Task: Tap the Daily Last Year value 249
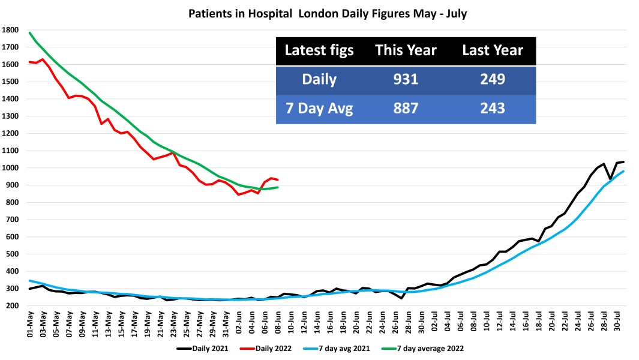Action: click(x=492, y=80)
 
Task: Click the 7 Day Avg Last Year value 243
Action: click(x=492, y=109)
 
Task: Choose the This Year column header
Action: click(x=406, y=51)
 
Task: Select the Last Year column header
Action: click(x=492, y=51)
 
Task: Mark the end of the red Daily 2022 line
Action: click(x=277, y=180)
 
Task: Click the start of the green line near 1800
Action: click(x=30, y=33)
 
